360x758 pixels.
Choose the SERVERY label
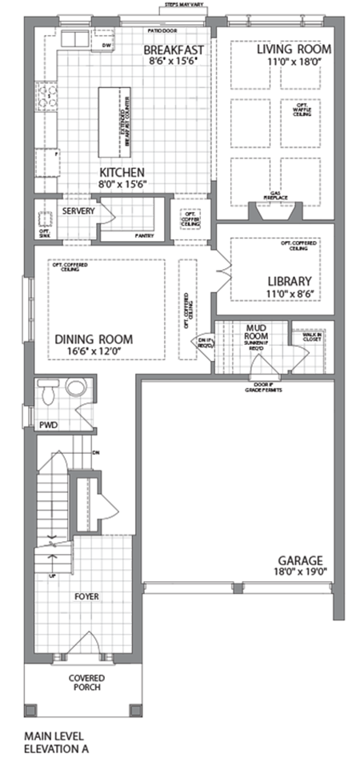pos(78,211)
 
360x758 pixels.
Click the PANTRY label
pos(144,235)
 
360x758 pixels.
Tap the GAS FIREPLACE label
pos(274,196)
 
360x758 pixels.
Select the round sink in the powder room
pos(76,388)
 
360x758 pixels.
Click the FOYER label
pos(85,596)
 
